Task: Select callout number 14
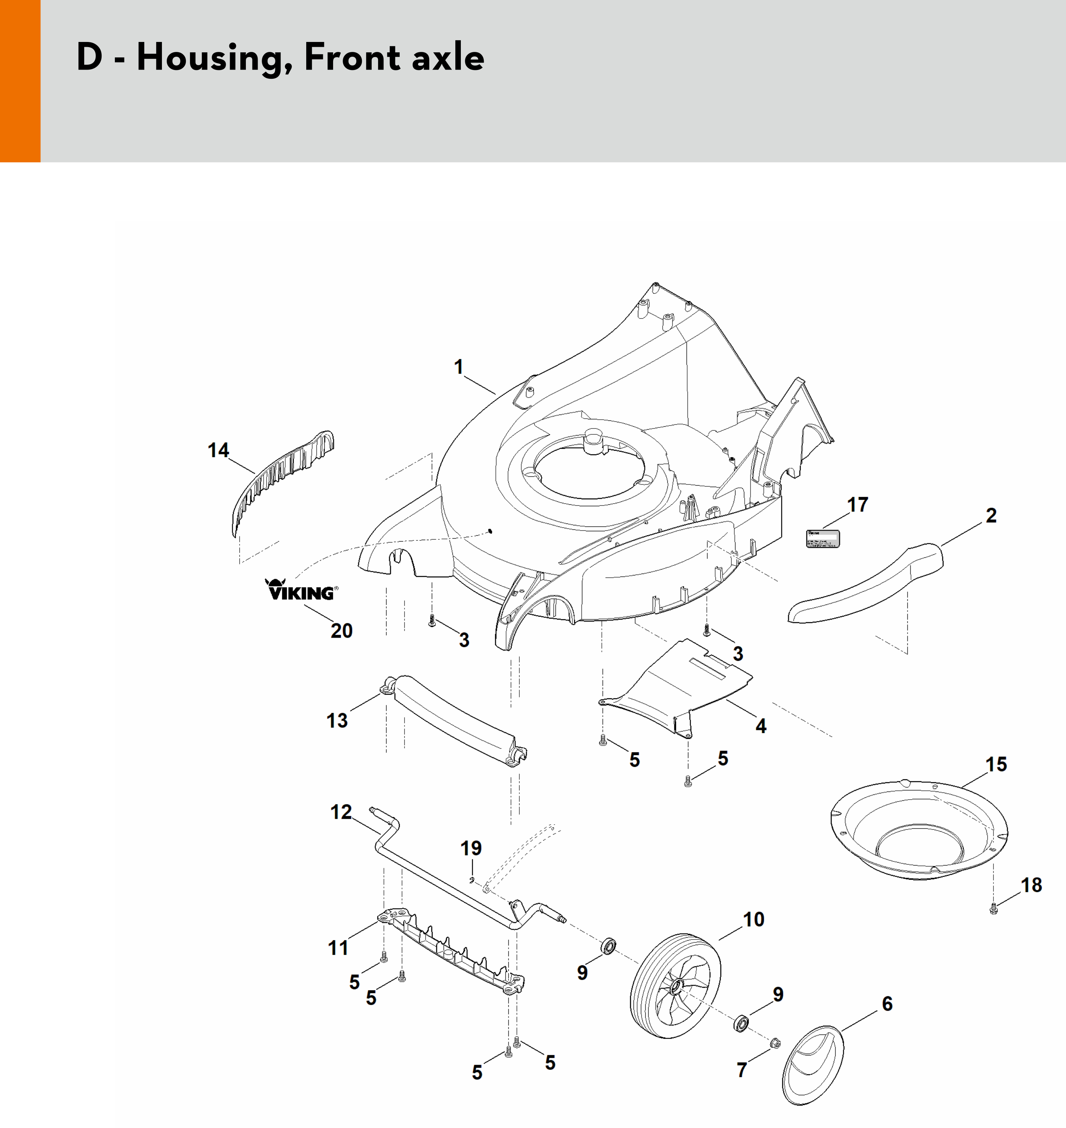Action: (x=218, y=450)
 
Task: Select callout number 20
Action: (x=342, y=630)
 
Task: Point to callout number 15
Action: (x=996, y=764)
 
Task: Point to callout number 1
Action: (x=459, y=367)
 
